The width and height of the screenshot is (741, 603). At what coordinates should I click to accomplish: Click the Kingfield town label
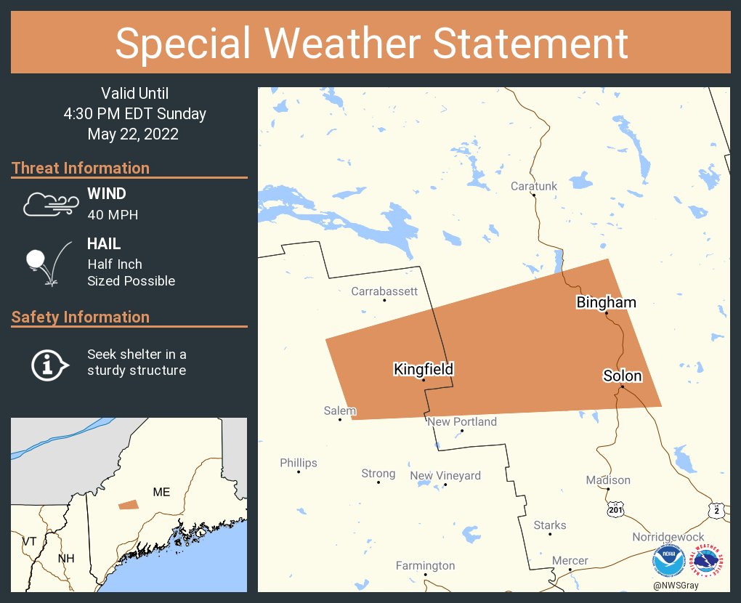pyautogui.click(x=424, y=369)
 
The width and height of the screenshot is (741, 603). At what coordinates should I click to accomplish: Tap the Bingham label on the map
pyautogui.click(x=606, y=302)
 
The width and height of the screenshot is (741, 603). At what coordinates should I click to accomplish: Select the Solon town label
pyautogui.click(x=622, y=376)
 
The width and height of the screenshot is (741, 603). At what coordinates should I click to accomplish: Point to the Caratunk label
pyautogui.click(x=534, y=186)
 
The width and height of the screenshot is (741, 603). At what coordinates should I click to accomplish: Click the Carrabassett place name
pyautogui.click(x=384, y=291)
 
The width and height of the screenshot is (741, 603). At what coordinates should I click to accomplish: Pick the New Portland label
pyautogui.click(x=462, y=421)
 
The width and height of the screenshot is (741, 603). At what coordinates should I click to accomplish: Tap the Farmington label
pyautogui.click(x=425, y=565)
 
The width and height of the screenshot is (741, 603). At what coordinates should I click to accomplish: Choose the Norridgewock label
pyautogui.click(x=668, y=537)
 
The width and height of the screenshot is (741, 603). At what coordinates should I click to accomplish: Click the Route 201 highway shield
pyautogui.click(x=615, y=511)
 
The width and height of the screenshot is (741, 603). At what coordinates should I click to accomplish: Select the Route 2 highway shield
pyautogui.click(x=716, y=511)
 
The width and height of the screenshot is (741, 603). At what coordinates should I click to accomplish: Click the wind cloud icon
pyautogui.click(x=49, y=205)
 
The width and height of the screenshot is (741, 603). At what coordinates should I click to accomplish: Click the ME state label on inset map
pyautogui.click(x=161, y=492)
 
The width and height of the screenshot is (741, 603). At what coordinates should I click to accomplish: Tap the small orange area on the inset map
pyautogui.click(x=129, y=503)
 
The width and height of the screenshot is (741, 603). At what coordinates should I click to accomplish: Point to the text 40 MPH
pyautogui.click(x=113, y=214)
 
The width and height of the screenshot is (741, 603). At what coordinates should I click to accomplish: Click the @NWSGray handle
pyautogui.click(x=676, y=586)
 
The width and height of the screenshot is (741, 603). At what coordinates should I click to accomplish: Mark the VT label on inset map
pyautogui.click(x=29, y=541)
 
